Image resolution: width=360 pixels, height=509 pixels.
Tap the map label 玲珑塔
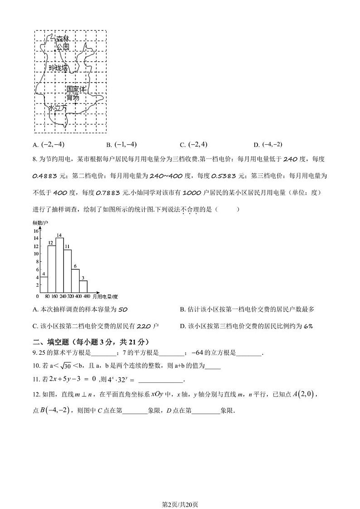tap(58, 68)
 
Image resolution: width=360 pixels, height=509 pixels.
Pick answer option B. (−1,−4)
tap(122, 145)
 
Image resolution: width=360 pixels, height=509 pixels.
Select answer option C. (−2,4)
tap(194, 145)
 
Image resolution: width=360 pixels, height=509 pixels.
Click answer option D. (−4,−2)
tap(268, 145)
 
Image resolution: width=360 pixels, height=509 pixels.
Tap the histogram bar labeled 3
tap(83, 286)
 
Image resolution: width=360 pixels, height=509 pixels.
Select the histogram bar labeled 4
tap(44, 284)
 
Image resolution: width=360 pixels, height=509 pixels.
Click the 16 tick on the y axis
tap(36, 231)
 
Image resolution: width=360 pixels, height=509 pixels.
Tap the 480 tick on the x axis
tap(87, 296)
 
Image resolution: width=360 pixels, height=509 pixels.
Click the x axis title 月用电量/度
tap(105, 296)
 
